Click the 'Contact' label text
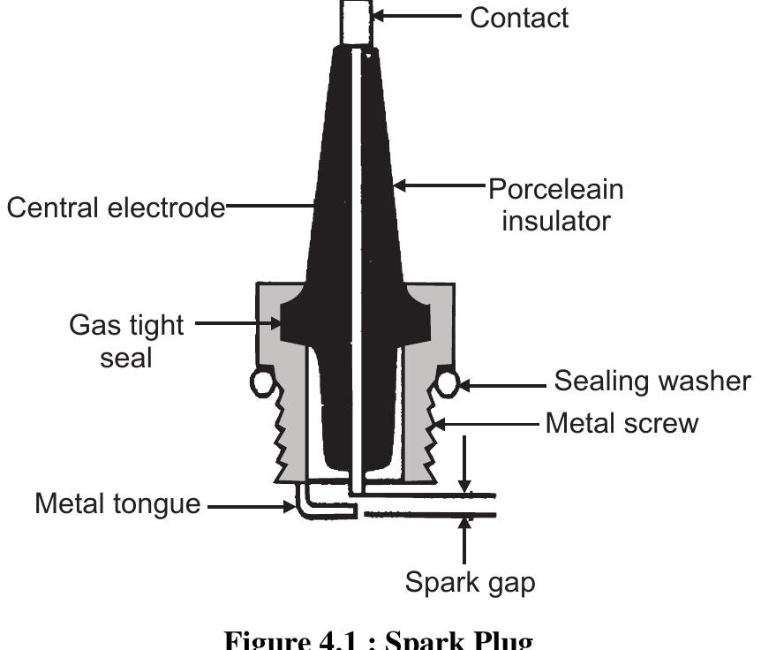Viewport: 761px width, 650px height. click(x=519, y=17)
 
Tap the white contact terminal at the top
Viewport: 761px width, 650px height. click(x=356, y=22)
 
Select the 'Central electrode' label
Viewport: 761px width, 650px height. click(x=116, y=208)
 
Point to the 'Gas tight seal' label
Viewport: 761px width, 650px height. click(x=127, y=342)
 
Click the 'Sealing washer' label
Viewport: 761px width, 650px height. click(x=652, y=382)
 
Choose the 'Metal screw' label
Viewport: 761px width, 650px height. click(x=622, y=423)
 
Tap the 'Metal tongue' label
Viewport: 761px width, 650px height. click(x=117, y=504)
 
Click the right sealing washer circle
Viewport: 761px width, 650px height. click(x=448, y=382)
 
